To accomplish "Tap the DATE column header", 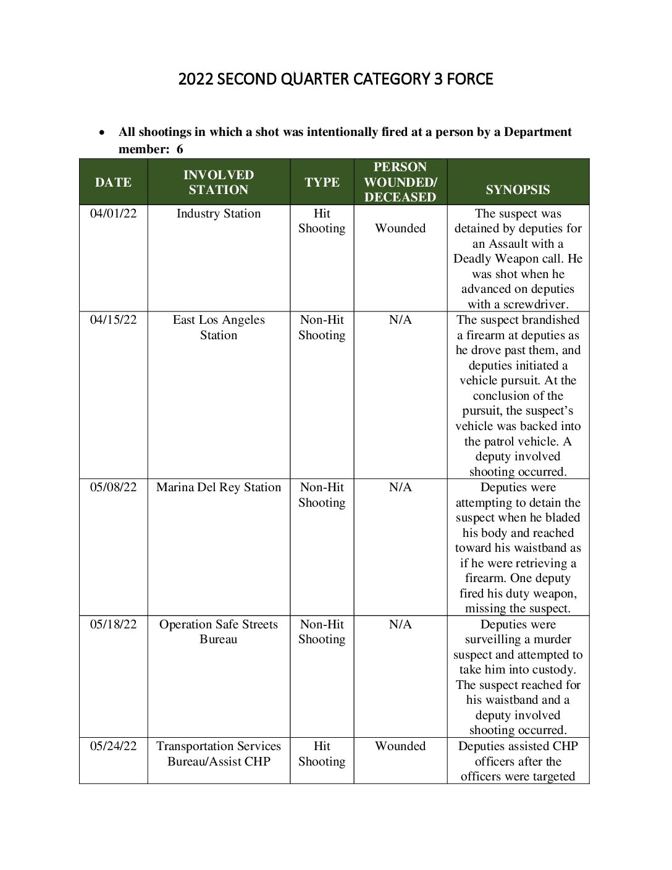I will tap(113, 182).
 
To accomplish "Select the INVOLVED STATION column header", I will tap(219, 182).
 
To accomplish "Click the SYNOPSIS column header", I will tap(518, 190).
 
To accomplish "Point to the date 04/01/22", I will tap(114, 214).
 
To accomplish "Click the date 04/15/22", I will tap(114, 320).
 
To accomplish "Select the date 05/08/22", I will tap(114, 488).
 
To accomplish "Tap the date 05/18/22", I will tap(114, 625).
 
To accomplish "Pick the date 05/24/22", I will tap(114, 746).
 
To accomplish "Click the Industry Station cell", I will tap(219, 214).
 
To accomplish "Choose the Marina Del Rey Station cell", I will tap(219, 488).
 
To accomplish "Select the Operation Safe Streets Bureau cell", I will tap(219, 631).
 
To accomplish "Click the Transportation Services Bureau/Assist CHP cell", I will tap(219, 754).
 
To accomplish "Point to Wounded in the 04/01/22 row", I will tap(400, 229).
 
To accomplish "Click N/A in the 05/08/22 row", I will tap(400, 488).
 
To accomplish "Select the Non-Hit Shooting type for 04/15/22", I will tap(322, 327).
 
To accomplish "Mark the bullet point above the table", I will tap(102, 133).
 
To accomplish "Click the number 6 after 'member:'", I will tap(180, 150).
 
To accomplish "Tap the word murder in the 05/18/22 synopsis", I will tap(553, 640).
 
